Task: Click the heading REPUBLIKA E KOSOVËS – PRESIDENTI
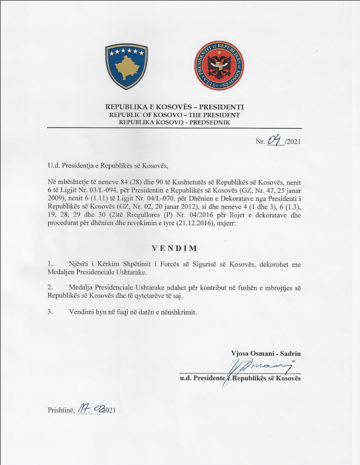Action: click(174, 106)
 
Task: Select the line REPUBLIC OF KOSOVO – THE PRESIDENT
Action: click(174, 115)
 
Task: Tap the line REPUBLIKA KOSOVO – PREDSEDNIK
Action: click(174, 123)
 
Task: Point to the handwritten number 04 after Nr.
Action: click(275, 140)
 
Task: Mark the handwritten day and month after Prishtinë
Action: click(90, 409)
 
